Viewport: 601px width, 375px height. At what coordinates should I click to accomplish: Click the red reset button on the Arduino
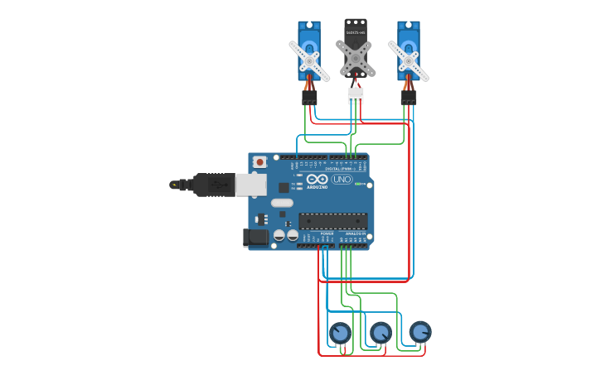259,162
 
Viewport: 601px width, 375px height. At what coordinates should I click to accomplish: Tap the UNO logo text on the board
342,179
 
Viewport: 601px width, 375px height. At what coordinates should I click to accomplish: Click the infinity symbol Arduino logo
317,179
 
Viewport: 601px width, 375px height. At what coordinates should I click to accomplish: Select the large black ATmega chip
333,221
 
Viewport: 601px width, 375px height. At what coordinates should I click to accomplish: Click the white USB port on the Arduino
250,185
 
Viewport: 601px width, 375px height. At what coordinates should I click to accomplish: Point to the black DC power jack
256,238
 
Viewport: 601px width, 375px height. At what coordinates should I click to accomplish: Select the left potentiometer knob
340,333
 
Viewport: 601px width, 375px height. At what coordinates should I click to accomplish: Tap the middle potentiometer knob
380,333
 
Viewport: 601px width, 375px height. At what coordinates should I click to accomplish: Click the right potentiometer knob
420,332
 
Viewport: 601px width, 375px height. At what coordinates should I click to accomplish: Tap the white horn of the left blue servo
309,60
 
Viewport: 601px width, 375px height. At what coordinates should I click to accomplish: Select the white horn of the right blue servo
408,60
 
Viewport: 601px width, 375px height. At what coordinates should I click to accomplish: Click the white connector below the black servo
355,95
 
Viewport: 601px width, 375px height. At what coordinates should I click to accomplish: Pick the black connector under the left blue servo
309,98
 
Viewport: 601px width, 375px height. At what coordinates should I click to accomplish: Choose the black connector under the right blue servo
408,98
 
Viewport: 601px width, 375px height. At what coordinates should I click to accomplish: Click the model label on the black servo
356,32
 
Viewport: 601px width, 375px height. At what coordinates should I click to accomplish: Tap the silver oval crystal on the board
282,203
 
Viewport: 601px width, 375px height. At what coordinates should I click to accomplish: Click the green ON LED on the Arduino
358,184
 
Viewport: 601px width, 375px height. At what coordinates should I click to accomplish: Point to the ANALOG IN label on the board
356,234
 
